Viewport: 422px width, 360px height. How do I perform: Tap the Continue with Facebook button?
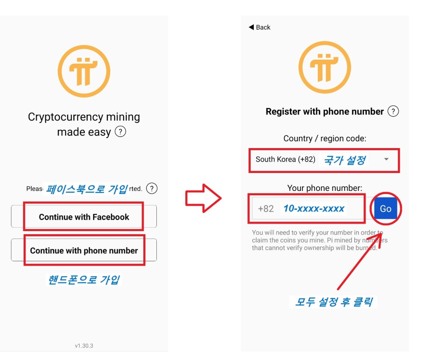84,217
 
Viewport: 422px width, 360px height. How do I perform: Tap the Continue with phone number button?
84,251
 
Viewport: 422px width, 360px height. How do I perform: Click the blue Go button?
385,209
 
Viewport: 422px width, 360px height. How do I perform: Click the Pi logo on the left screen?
84,71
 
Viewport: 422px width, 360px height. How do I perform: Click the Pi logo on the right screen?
325,67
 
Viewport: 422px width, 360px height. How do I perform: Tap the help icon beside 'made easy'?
120,132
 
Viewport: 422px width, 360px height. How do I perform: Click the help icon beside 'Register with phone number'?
393,111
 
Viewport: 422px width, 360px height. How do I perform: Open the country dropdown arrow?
386,159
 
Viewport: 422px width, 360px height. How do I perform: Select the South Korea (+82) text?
285,159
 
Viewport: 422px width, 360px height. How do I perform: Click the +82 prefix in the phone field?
266,209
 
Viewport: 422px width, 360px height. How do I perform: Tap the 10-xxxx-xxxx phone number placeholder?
314,209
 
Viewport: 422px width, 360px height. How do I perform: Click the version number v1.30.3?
84,346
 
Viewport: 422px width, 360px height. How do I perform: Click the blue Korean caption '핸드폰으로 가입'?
83,280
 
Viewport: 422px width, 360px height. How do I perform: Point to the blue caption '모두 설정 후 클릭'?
333,301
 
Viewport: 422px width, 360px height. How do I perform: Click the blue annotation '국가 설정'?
344,160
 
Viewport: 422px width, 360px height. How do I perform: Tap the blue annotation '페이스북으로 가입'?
87,189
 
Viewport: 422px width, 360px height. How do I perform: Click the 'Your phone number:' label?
325,188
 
